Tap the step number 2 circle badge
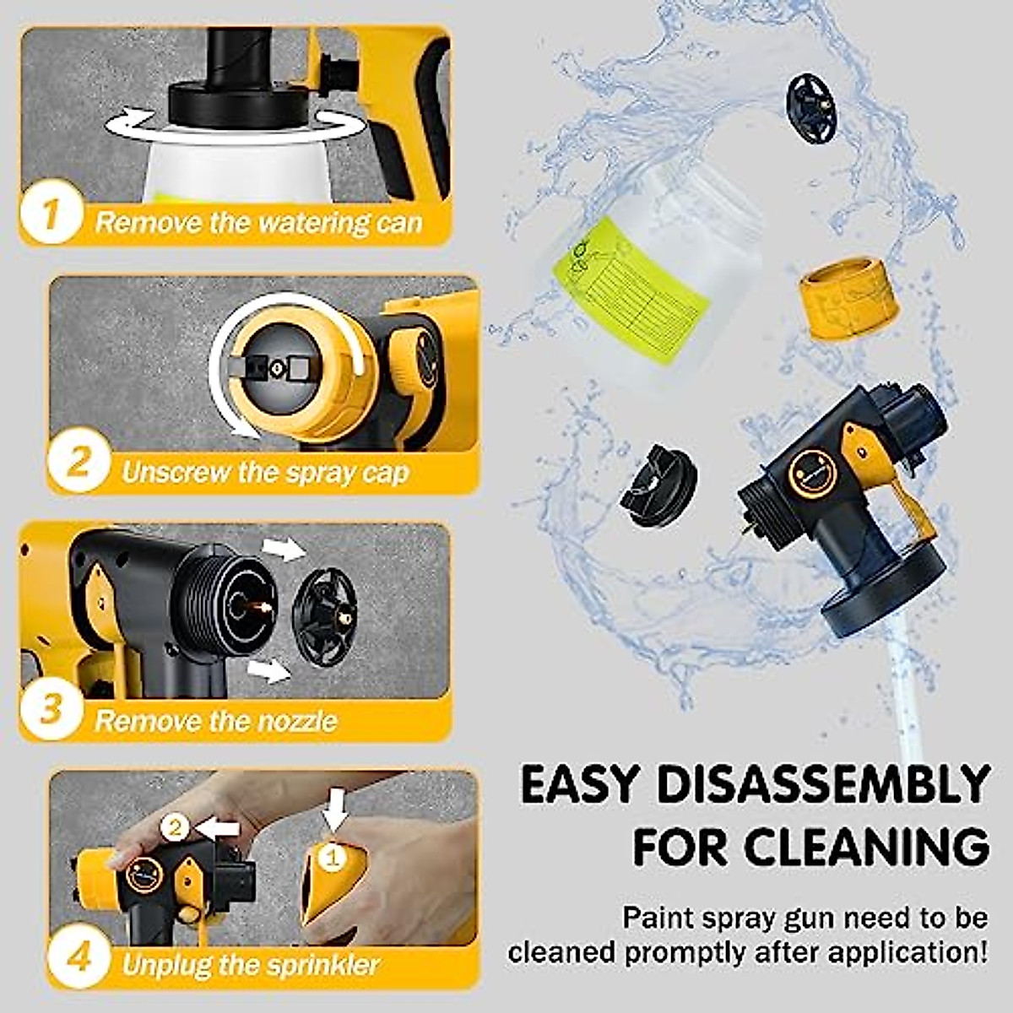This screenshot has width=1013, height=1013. (x=78, y=462)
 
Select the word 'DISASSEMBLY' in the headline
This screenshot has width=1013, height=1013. (x=823, y=785)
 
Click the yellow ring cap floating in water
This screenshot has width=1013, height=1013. (x=848, y=297)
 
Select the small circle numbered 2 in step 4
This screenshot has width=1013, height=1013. (x=176, y=827)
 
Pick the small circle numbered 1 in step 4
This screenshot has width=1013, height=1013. (x=333, y=859)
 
